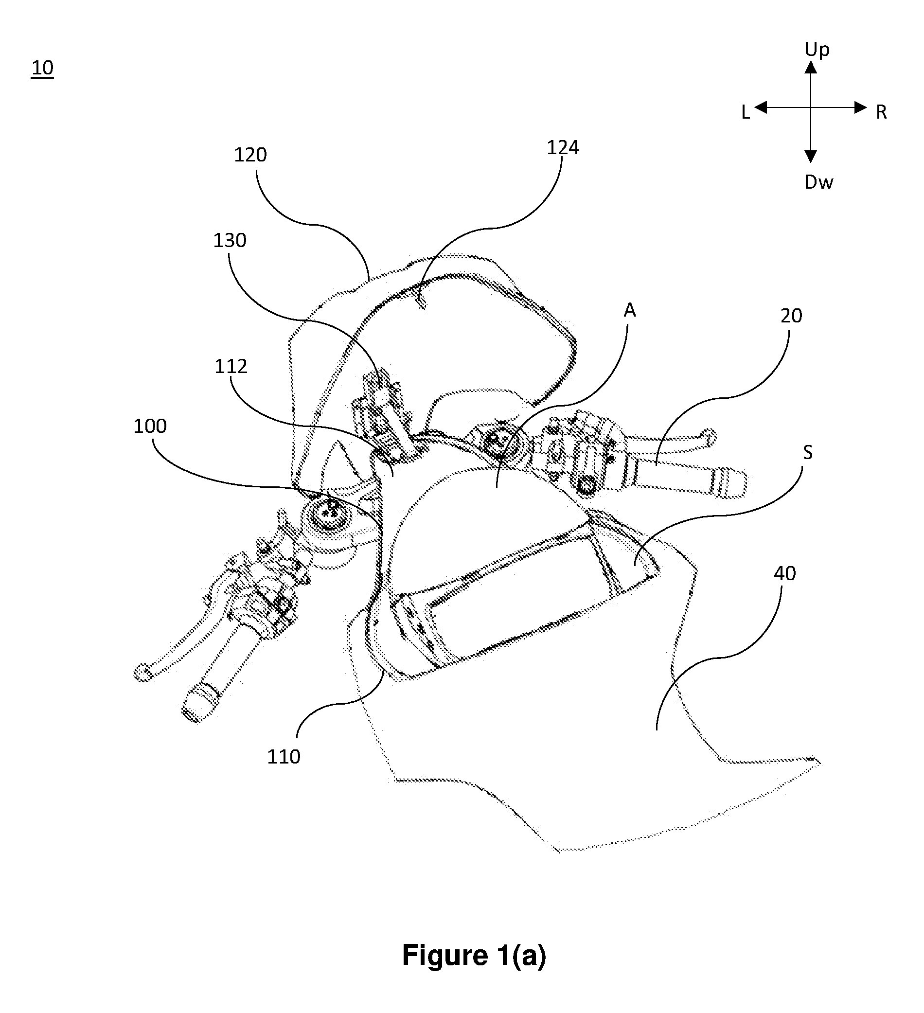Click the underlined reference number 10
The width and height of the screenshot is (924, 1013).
pos(42,67)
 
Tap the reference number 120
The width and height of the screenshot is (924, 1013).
pos(250,155)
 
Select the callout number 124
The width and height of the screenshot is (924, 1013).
pos(563,147)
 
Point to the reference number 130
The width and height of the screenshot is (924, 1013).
pos(230,241)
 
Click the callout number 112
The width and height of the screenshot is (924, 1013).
pos(231,366)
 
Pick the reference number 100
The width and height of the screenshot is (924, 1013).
pos(150,426)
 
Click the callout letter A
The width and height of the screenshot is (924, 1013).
pos(630,311)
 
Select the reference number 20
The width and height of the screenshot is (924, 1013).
pos(791,316)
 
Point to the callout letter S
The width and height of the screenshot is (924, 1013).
pos(807,452)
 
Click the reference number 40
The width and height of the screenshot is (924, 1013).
pos(784,573)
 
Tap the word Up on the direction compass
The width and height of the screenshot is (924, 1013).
pos(817,50)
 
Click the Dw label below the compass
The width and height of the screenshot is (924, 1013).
pos(818,182)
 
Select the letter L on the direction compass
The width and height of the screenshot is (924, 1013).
pos(746,112)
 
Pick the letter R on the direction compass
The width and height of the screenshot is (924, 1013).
pos(881,112)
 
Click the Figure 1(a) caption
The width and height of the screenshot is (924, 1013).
pos(474,955)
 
